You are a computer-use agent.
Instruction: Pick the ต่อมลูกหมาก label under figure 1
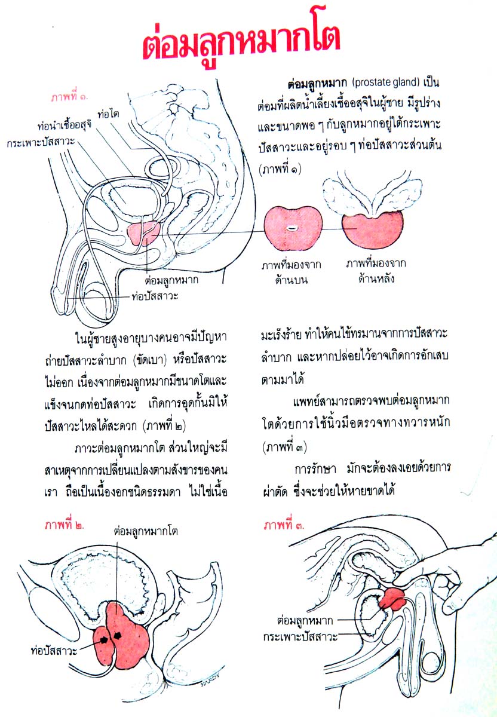pos(172,278)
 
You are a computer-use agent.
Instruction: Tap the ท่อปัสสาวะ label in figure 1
pos(155,295)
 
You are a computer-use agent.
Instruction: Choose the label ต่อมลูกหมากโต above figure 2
pos(146,530)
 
